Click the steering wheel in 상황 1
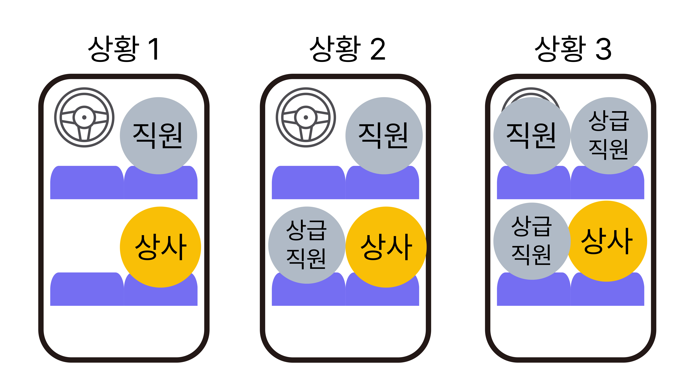point(84,117)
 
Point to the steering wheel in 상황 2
point(306,117)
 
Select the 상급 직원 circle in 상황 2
point(307,245)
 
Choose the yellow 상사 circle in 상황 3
point(607,241)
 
